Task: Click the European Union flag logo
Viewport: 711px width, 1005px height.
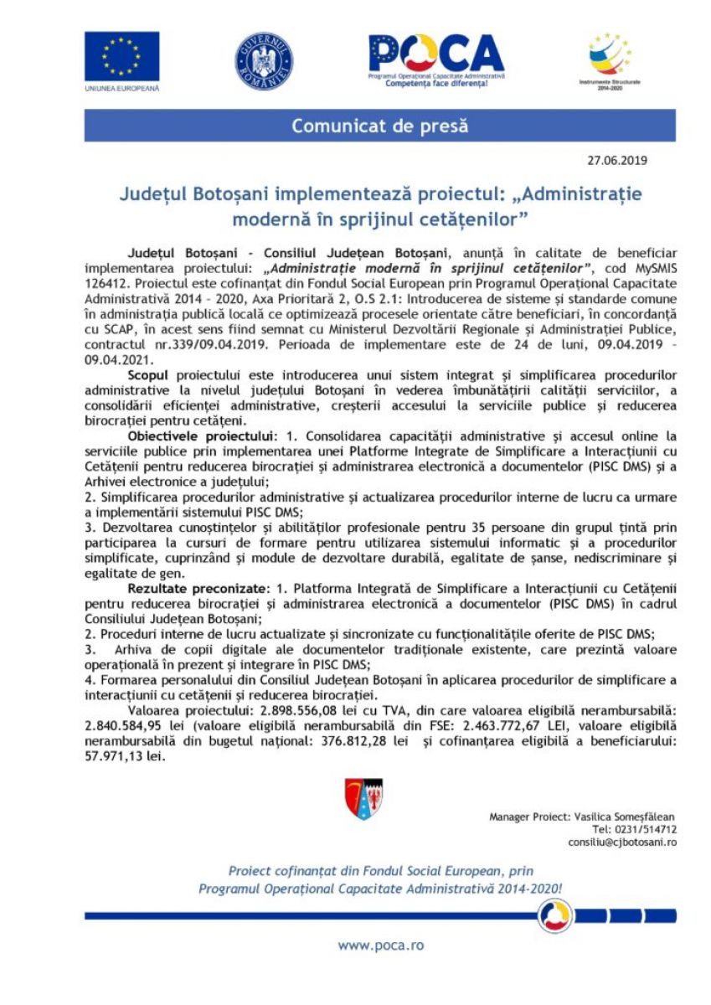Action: click(x=121, y=57)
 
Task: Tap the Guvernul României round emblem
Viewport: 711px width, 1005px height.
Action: click(x=264, y=61)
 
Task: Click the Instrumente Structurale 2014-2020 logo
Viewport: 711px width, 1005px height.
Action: click(x=609, y=57)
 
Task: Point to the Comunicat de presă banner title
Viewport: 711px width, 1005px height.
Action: click(x=379, y=126)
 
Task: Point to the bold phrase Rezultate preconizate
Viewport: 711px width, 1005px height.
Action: click(x=198, y=590)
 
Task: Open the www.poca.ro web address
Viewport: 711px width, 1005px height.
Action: click(x=380, y=946)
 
